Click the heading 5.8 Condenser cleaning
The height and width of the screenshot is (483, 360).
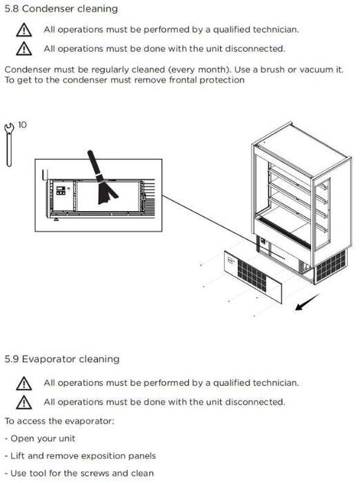[x=61, y=8]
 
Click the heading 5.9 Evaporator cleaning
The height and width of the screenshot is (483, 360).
[x=62, y=359]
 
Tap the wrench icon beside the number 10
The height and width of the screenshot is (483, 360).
[x=9, y=145]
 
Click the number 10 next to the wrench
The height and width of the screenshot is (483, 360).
[x=22, y=125]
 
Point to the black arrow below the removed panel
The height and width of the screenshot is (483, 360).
[x=307, y=302]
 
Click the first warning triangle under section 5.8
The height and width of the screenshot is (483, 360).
[x=24, y=30]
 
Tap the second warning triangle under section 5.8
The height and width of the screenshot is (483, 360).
[x=24, y=49]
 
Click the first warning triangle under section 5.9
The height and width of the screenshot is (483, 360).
[x=24, y=384]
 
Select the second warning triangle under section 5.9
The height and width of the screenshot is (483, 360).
[x=24, y=402]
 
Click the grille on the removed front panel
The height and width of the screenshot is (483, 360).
[x=252, y=275]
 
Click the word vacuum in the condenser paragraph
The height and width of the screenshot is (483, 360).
[x=317, y=70]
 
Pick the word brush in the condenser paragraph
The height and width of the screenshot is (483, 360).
[x=272, y=70]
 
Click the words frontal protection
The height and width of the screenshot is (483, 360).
[x=207, y=80]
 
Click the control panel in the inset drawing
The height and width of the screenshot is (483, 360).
[x=61, y=190]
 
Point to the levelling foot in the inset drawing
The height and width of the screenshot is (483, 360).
[x=56, y=219]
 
